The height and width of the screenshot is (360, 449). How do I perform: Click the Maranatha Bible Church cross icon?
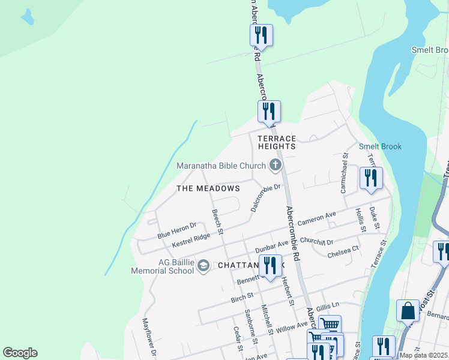[276, 165]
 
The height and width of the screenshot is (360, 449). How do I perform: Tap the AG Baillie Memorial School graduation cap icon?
[203, 265]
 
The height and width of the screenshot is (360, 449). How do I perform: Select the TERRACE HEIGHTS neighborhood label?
[277, 142]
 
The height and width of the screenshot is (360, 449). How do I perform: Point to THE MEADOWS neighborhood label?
[208, 188]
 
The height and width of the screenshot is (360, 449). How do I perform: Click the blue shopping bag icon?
[408, 311]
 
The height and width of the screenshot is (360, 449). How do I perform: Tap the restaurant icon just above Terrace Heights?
[269, 112]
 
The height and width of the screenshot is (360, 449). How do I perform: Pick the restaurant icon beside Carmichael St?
[370, 179]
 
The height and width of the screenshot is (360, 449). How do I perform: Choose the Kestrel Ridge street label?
[191, 240]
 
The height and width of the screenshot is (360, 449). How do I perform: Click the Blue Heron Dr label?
[176, 230]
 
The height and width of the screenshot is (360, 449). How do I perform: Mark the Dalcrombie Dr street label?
[265, 197]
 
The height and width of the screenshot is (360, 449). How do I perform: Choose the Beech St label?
[217, 221]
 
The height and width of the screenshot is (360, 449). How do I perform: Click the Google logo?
[20, 353]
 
